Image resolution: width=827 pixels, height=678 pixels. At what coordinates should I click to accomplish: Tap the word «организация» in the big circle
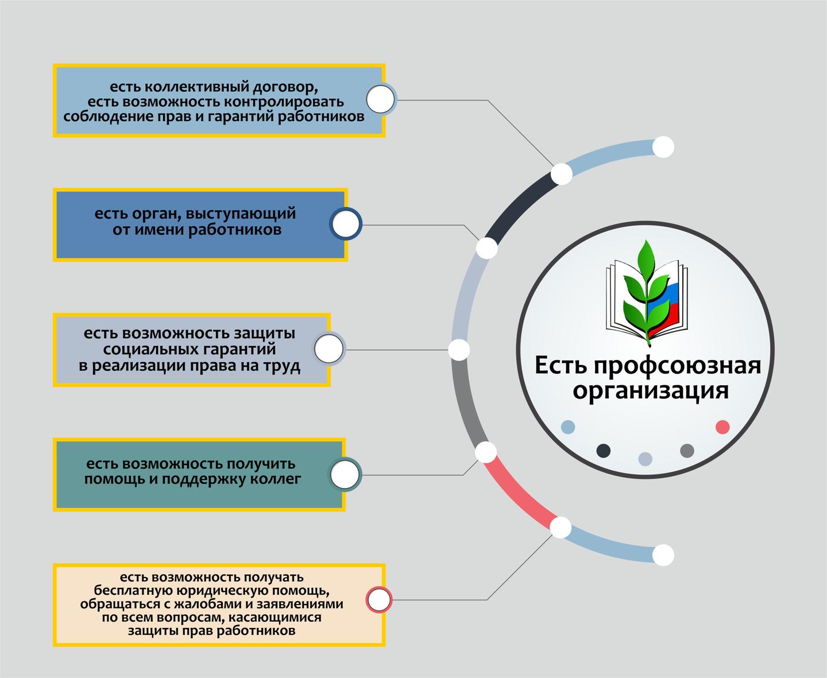[x=651, y=391]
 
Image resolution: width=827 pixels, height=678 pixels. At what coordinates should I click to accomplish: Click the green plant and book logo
[x=647, y=293]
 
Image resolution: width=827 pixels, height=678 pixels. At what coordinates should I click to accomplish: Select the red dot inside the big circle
[x=722, y=427]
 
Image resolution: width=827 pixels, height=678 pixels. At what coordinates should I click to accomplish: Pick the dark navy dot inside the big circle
[x=603, y=451]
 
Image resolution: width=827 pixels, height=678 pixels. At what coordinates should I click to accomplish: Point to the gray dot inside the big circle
[x=687, y=451]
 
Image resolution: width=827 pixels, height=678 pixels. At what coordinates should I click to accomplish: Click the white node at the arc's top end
[x=663, y=147]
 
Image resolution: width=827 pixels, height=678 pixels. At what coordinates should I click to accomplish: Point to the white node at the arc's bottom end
[x=663, y=555]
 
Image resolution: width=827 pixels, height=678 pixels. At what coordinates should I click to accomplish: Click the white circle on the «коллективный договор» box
[x=380, y=99]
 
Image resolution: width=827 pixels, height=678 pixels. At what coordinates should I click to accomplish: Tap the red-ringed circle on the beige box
[x=379, y=599]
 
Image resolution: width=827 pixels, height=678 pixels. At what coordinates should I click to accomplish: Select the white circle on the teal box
[x=345, y=474]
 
